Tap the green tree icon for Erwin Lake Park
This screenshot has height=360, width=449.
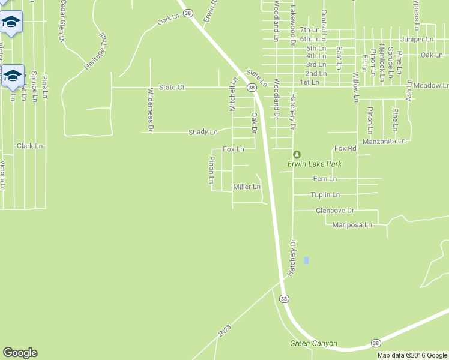tap(297, 154)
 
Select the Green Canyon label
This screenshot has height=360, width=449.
tap(313, 344)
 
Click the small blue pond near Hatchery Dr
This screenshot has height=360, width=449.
tap(306, 260)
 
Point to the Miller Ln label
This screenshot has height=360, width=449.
tap(246, 187)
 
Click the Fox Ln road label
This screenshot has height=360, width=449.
tap(234, 149)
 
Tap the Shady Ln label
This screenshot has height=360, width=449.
tap(203, 132)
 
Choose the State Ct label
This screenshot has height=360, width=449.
tap(171, 87)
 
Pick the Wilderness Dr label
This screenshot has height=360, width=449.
tap(151, 110)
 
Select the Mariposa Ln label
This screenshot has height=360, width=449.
tap(352, 225)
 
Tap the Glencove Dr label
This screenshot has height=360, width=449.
tap(336, 211)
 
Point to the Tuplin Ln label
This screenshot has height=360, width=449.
tap(325, 195)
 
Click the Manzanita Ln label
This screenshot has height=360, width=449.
tap(385, 142)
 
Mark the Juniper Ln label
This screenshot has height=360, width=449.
tap(420, 39)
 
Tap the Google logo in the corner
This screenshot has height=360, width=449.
tap(20, 353)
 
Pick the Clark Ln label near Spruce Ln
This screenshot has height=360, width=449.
tap(30, 146)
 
